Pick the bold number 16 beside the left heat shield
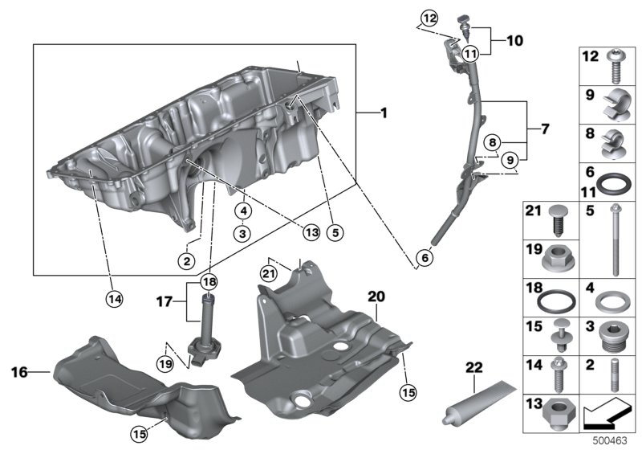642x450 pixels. (20, 372)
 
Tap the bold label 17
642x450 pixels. (164, 303)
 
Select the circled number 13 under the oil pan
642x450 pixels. (311, 231)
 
